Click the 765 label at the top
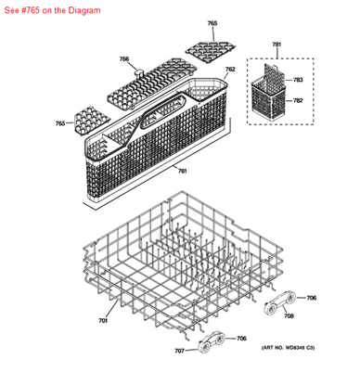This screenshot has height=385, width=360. coord(212,23)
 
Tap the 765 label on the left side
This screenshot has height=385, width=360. coord(60,123)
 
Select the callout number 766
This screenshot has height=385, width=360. coord(124,59)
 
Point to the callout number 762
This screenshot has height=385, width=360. coord(230,70)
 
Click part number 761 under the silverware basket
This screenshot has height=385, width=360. coord(183,171)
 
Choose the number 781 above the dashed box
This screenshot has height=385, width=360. coord(276,45)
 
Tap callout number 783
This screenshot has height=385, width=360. coord(299,80)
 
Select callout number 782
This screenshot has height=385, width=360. coord(299,100)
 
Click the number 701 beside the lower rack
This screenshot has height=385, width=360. coord(103,320)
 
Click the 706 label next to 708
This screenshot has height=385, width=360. coord(312,298)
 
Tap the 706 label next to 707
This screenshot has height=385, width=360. coord(241,339)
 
